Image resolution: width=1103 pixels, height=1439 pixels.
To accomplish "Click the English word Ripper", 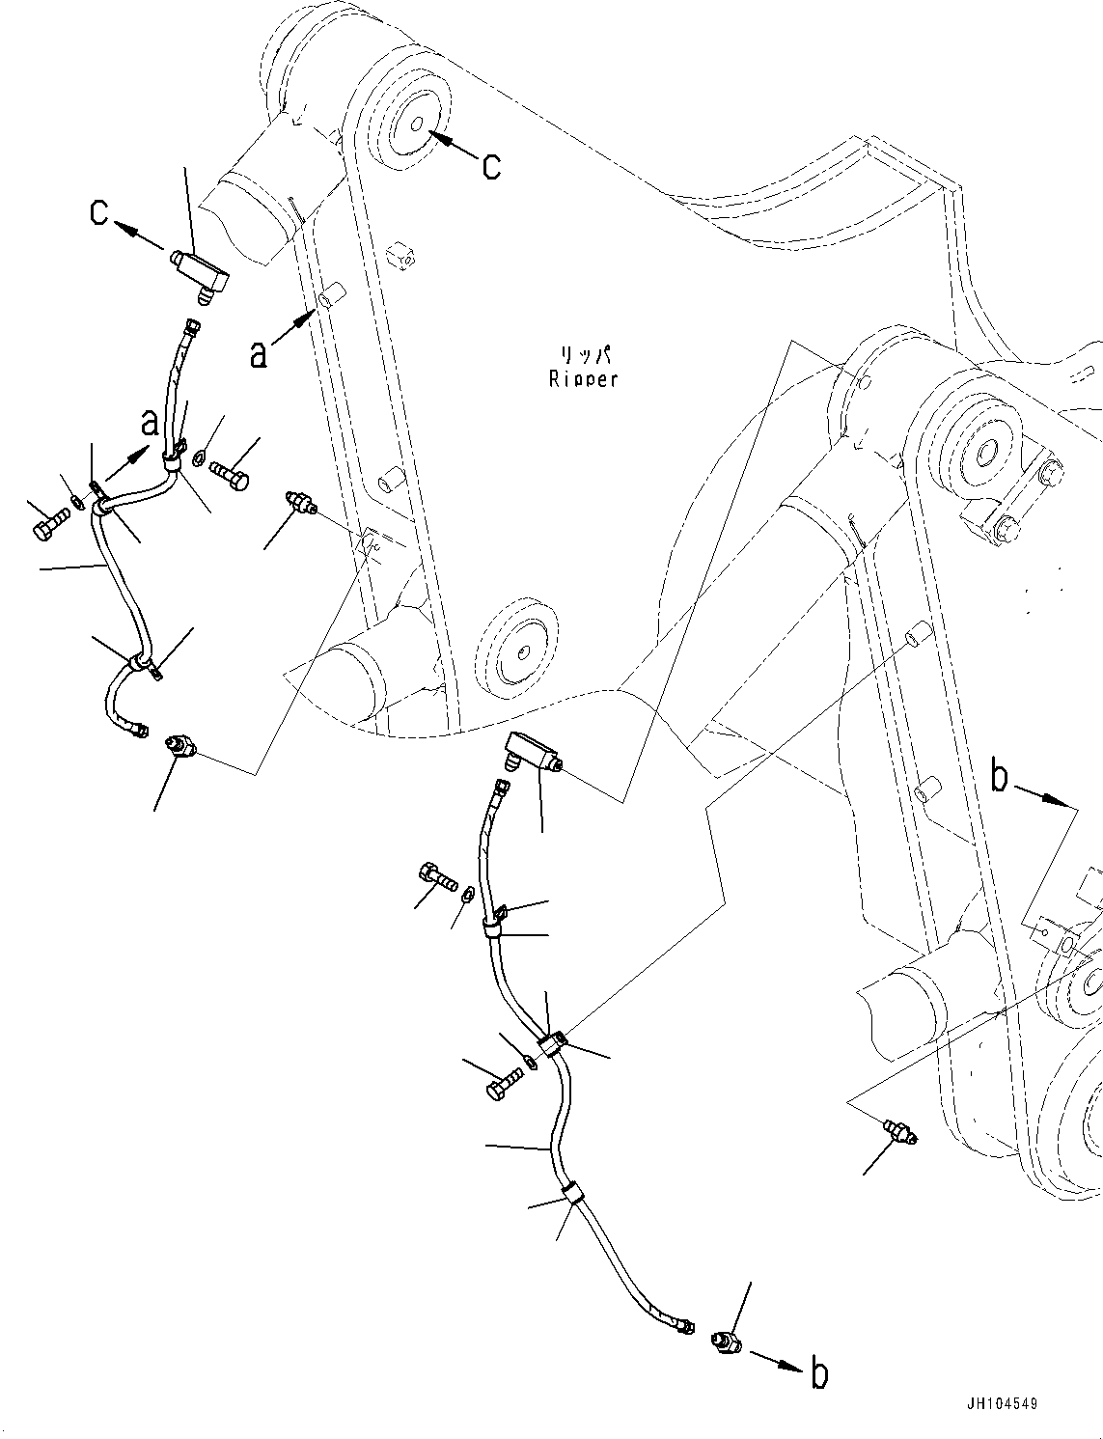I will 582,379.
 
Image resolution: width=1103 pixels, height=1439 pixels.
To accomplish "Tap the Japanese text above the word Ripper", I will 582,356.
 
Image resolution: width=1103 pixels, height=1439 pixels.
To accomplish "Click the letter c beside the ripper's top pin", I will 491,166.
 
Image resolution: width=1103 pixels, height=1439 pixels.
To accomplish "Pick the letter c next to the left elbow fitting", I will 99,211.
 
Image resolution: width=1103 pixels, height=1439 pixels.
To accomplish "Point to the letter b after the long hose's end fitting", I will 818,1373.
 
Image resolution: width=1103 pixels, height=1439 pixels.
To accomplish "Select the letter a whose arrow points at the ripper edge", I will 258,354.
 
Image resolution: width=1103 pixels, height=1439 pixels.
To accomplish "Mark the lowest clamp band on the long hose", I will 571,1195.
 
